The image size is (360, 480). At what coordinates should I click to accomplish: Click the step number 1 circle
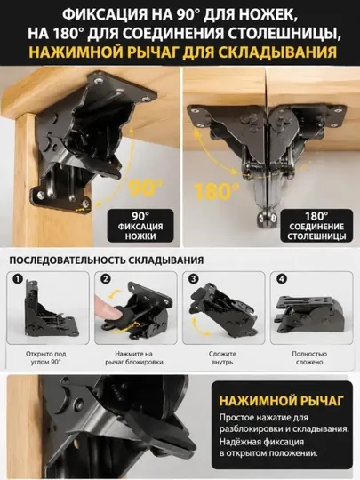pyautogui.click(x=19, y=279)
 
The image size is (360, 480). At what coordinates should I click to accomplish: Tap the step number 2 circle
pyautogui.click(x=106, y=279)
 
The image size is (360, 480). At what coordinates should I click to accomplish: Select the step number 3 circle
pyautogui.click(x=194, y=279)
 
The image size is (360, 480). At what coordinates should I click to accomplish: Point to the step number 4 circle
pyautogui.click(x=282, y=279)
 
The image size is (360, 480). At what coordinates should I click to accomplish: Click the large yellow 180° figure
pyautogui.click(x=217, y=191)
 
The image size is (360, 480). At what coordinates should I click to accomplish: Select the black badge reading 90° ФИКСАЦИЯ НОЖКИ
pyautogui.click(x=140, y=226)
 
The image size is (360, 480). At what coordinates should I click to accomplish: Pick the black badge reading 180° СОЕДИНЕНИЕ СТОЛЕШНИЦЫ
pyautogui.click(x=316, y=226)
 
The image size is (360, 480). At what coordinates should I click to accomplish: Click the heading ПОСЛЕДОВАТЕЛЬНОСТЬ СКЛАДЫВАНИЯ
pyautogui.click(x=107, y=260)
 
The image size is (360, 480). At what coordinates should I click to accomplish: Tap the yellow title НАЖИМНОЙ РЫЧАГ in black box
pyautogui.click(x=281, y=400)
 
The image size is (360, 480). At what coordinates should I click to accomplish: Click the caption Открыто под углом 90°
pyautogui.click(x=46, y=358)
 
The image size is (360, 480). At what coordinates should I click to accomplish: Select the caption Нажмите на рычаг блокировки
pyautogui.click(x=134, y=358)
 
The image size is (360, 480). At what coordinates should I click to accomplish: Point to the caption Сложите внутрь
pyautogui.click(x=222, y=358)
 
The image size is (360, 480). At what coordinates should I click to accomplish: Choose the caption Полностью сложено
pyautogui.click(x=309, y=358)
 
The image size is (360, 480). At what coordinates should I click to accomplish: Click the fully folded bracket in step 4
pyautogui.click(x=309, y=315)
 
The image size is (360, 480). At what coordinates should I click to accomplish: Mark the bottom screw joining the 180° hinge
pyautogui.click(x=266, y=218)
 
